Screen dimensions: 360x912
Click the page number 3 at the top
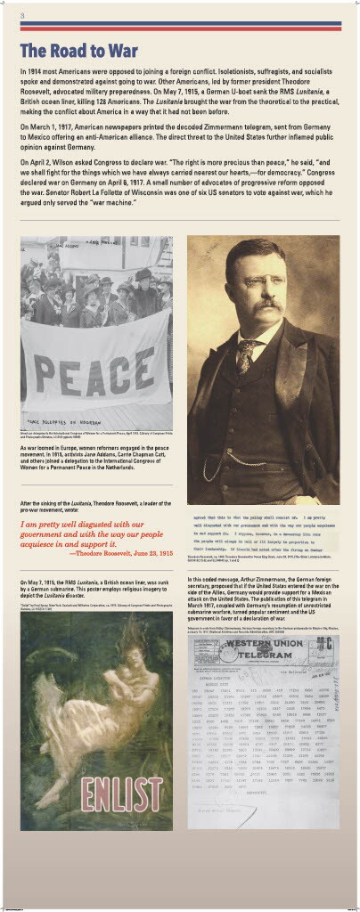click(21, 16)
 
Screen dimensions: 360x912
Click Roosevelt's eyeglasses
click(253, 281)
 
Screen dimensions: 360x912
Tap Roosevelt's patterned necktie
click(246, 353)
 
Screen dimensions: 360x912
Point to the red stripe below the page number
click(179, 27)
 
